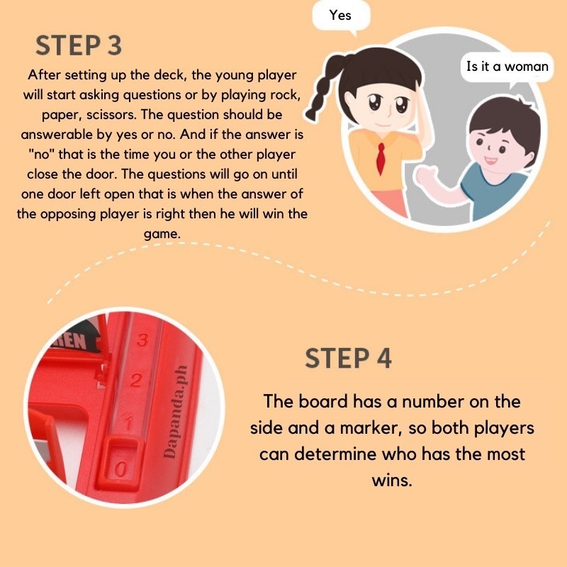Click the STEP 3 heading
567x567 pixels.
point(79,45)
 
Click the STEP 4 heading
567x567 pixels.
point(348,359)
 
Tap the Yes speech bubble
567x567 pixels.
point(341,16)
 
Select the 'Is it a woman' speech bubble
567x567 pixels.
point(507,67)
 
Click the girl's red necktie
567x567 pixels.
point(380,158)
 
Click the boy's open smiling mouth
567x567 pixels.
point(490,160)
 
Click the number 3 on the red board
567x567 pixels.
point(142,339)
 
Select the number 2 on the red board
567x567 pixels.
point(135,381)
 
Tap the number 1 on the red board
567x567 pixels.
point(128,422)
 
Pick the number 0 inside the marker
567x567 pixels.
point(121,469)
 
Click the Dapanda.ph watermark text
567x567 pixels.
point(176,412)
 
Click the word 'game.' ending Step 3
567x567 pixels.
point(162,234)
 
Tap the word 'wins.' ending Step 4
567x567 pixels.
point(392,481)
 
